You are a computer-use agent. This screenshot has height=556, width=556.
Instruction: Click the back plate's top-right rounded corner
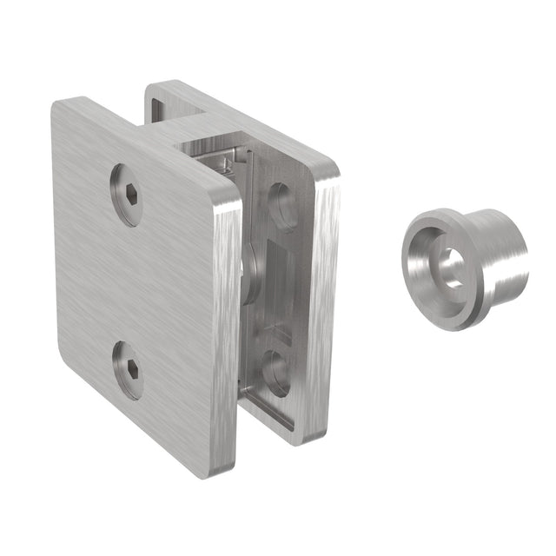(x=327, y=169)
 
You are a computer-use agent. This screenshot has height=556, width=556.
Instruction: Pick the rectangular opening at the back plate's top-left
(x=163, y=108)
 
